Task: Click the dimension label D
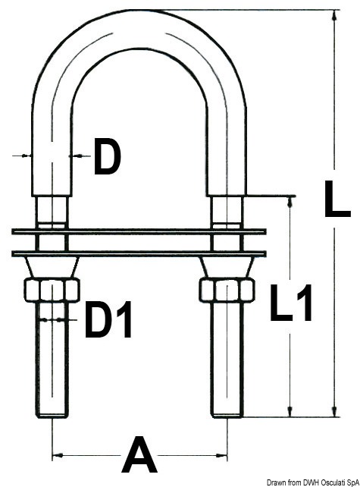coord(107,159)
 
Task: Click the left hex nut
coord(52,290)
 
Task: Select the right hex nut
coord(226,290)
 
